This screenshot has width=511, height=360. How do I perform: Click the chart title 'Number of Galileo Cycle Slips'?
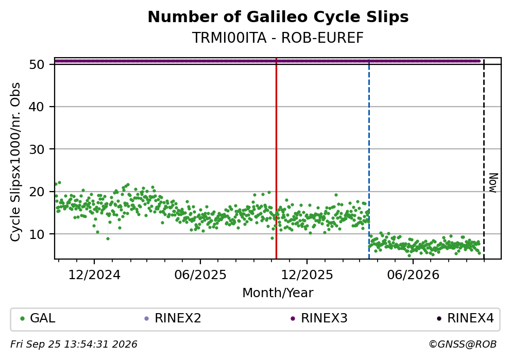[x=278, y=17]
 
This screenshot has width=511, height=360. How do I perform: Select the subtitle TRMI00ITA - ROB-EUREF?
[x=278, y=38]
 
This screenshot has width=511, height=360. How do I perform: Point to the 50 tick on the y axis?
[x=37, y=64]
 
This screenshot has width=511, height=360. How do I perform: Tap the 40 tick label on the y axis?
[x=37, y=107]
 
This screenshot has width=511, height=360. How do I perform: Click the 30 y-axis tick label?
[x=37, y=149]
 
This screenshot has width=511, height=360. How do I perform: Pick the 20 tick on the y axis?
[x=37, y=192]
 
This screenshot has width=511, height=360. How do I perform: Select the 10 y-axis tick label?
[x=37, y=234]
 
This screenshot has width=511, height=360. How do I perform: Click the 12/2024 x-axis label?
[x=94, y=275]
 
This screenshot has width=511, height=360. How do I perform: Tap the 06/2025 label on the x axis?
[x=200, y=275]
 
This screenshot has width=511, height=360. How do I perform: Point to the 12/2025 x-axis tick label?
[x=307, y=275]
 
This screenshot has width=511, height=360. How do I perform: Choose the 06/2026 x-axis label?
[x=413, y=275]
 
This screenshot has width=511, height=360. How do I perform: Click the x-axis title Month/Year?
[x=278, y=293]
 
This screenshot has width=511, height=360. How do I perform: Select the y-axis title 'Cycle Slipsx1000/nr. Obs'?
[x=15, y=162]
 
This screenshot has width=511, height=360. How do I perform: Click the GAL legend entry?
[x=38, y=318]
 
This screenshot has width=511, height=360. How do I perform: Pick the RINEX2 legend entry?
[x=173, y=318]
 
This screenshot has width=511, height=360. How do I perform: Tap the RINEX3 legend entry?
[x=319, y=318]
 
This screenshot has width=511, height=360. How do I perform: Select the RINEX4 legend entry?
[x=465, y=318]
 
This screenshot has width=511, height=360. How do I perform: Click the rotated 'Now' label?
[x=493, y=183]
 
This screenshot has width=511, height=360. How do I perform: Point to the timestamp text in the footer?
[x=74, y=344]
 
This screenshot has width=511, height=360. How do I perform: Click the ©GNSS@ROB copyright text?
[x=463, y=344]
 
